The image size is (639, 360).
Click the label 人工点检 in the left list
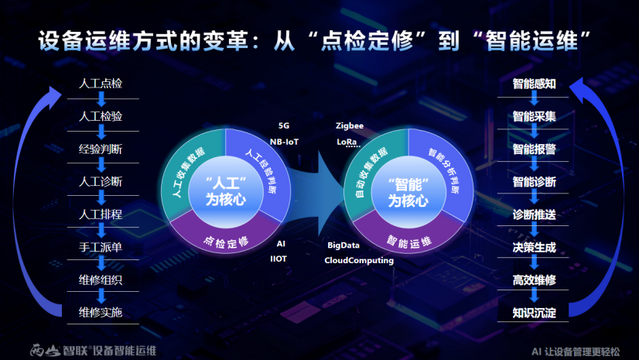(101, 83)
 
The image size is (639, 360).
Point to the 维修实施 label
(101, 313)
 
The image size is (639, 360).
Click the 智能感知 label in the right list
(534, 84)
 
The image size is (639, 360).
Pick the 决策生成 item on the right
(534, 248)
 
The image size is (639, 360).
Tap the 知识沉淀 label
(534, 314)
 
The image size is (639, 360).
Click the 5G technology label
(284, 125)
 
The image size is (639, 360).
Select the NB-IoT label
(284, 142)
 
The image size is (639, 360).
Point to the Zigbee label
(350, 125)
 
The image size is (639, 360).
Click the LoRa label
(347, 142)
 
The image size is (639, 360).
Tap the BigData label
(343, 245)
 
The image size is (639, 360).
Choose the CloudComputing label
(359, 261)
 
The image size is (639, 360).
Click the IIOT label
(278, 259)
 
